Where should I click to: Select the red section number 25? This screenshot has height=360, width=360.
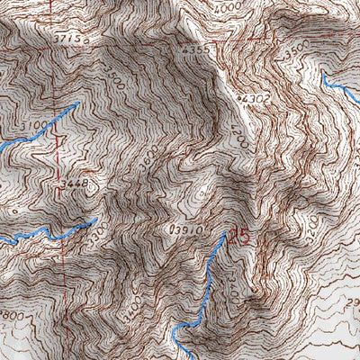tap(239, 237)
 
